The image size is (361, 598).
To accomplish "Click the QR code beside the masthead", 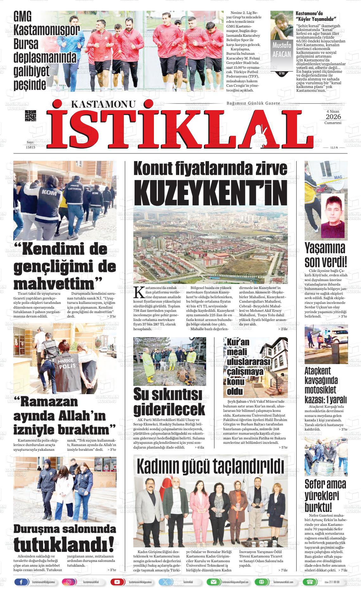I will click(x=31, y=116).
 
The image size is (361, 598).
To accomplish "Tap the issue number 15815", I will click(x=30, y=147).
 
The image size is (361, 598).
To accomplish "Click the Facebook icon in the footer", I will click(x=21, y=582).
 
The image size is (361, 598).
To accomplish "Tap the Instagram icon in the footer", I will click(x=67, y=582).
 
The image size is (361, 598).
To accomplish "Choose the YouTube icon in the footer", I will click(x=117, y=582).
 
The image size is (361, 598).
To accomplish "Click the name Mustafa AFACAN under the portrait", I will click(x=282, y=50).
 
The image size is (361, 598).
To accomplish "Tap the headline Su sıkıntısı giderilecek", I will click(x=169, y=401).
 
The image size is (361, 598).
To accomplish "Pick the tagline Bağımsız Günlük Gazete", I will click(x=253, y=104).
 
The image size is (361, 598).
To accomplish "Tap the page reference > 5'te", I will click(x=282, y=447).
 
